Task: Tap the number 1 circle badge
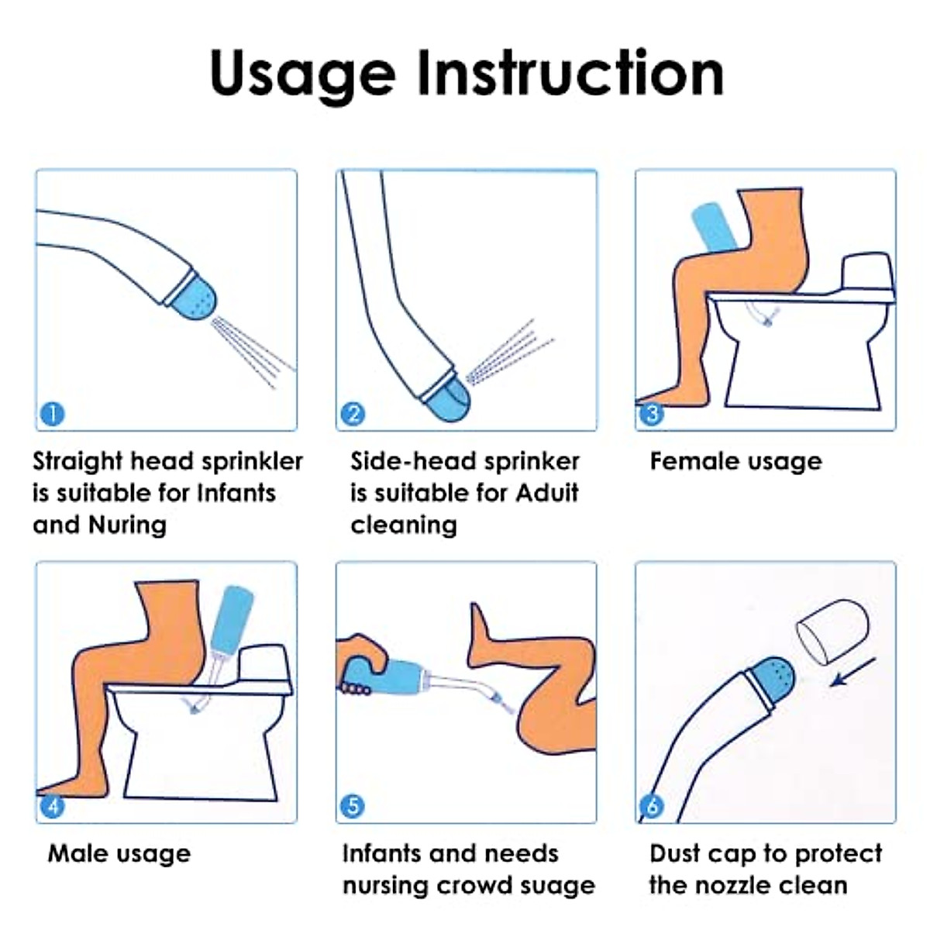coord(52,414)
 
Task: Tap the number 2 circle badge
coord(353,414)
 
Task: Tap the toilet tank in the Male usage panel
coord(264,664)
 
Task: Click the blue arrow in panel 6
coord(852,672)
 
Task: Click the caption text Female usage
coord(735,462)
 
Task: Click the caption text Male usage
coord(119,854)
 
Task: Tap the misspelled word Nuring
coord(127,525)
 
